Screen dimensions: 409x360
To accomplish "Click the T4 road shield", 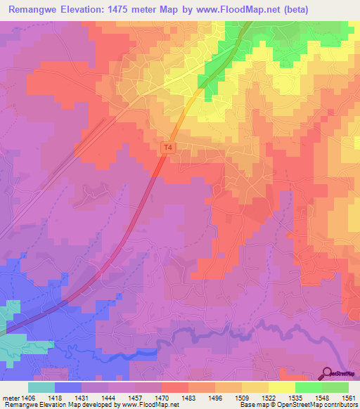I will pyautogui.click(x=167, y=148).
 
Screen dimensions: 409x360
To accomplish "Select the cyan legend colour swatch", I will pyautogui.click(x=41, y=387).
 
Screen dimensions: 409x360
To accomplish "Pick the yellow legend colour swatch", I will pyautogui.click(x=281, y=387).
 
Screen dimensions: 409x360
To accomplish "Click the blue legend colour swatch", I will pyautogui.click(x=68, y=387).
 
